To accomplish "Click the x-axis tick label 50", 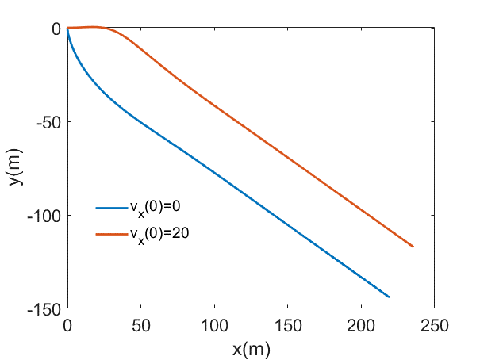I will coord(140,324).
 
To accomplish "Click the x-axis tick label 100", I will coord(214,324).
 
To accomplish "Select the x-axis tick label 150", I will coord(288,324).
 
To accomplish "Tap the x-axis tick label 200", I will coord(362,324).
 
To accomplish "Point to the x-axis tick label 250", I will coord(435,324).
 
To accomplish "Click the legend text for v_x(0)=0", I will coord(159,209).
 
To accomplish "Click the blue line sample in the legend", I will coord(112,209).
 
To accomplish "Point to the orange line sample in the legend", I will coord(112,233).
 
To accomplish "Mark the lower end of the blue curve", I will coord(389,297).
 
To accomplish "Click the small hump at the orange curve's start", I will coord(94,27).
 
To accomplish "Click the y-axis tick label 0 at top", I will coord(56,29).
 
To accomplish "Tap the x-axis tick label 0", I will coord(67,324).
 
